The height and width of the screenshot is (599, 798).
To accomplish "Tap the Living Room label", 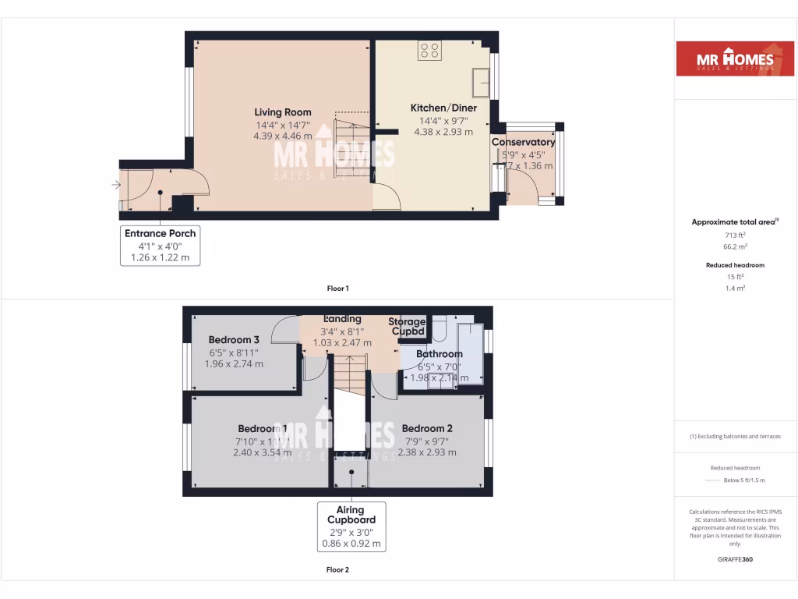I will coord(283,112).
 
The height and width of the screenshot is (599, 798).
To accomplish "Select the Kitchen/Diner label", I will coord(443,108).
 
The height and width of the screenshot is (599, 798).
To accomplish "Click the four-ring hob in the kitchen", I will coord(429,51).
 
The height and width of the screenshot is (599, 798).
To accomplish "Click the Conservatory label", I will coord(523,142).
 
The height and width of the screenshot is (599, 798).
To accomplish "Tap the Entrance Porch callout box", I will coord(160,245).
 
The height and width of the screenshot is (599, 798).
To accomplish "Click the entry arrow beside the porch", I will coord(116,185).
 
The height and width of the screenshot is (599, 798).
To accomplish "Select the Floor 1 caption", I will coord(337,289).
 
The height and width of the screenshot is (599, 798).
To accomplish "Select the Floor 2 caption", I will coord(337,569).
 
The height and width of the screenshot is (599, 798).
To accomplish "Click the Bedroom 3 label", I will coord(234,339).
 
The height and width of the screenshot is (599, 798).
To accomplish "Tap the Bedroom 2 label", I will coord(427,428).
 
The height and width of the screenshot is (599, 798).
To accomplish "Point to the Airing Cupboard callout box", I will coord(351,526).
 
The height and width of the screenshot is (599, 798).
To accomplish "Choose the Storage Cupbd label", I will coord(408,326).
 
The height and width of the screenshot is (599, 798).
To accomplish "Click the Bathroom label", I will coord(439,354).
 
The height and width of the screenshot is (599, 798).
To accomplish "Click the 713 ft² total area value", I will coord(735,235).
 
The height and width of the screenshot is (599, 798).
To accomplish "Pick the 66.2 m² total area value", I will coord(735,246).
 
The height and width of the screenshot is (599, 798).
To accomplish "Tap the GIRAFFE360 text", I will coord(735,559).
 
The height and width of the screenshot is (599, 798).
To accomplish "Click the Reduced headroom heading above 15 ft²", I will coord(735,265).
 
